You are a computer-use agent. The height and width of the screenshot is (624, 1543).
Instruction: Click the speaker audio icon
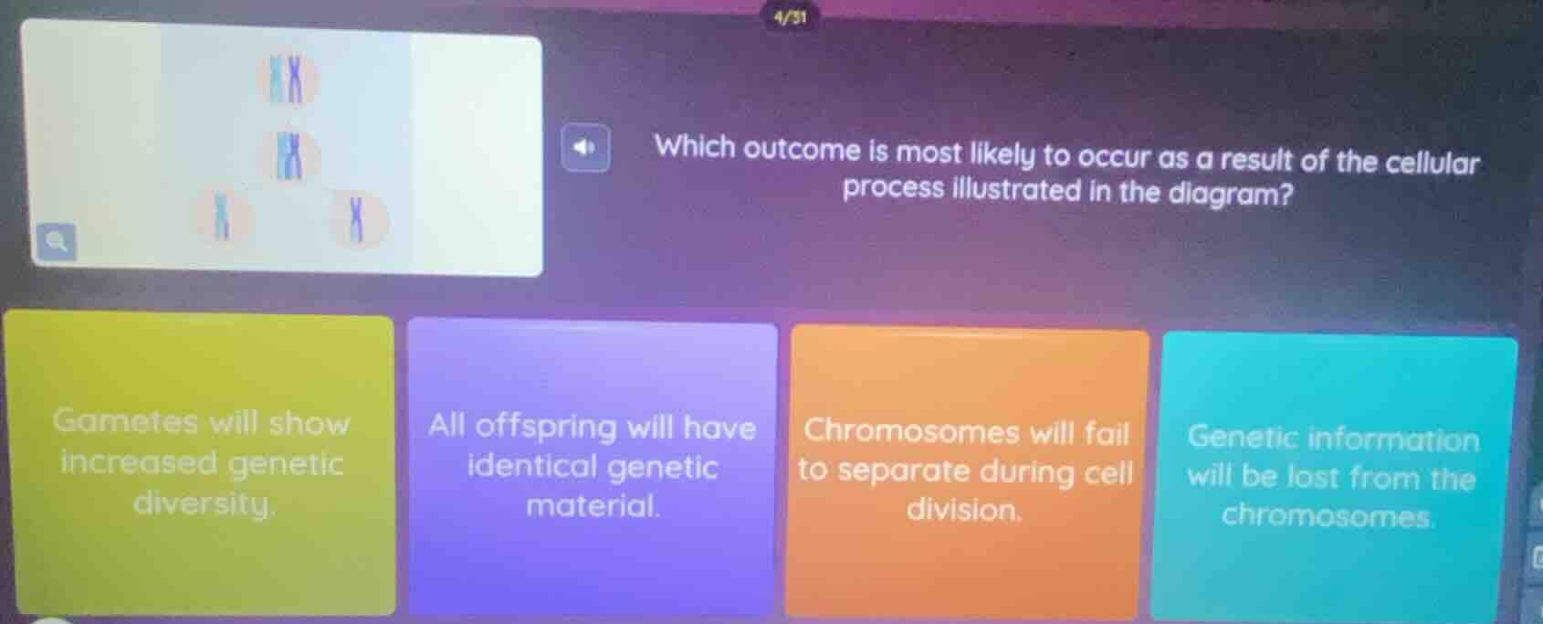[585, 147]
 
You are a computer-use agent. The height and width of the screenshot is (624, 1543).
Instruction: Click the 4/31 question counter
[790, 16]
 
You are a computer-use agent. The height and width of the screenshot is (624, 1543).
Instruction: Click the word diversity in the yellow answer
[203, 503]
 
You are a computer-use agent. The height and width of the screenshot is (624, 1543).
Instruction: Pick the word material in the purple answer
[593, 505]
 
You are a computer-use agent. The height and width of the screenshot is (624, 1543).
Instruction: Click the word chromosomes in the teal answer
[1328, 516]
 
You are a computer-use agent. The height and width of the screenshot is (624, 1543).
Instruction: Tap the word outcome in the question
[802, 150]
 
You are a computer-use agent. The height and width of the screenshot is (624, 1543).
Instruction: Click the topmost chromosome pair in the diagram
[289, 79]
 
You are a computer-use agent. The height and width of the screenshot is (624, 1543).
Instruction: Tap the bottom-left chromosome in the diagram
[219, 218]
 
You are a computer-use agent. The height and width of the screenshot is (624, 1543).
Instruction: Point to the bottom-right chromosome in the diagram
[357, 219]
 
